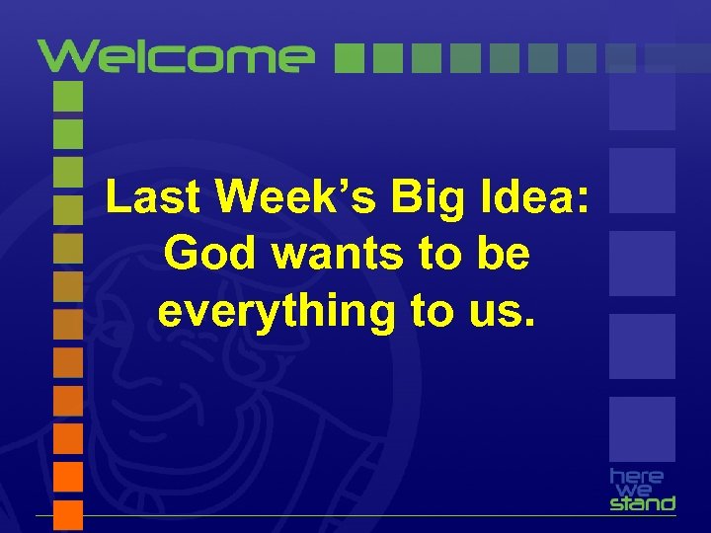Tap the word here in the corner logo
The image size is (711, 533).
[637, 476]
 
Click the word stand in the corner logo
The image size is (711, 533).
[642, 503]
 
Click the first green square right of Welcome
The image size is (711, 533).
[349, 58]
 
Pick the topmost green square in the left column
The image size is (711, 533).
[67, 96]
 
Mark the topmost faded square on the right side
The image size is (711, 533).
[642, 99]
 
